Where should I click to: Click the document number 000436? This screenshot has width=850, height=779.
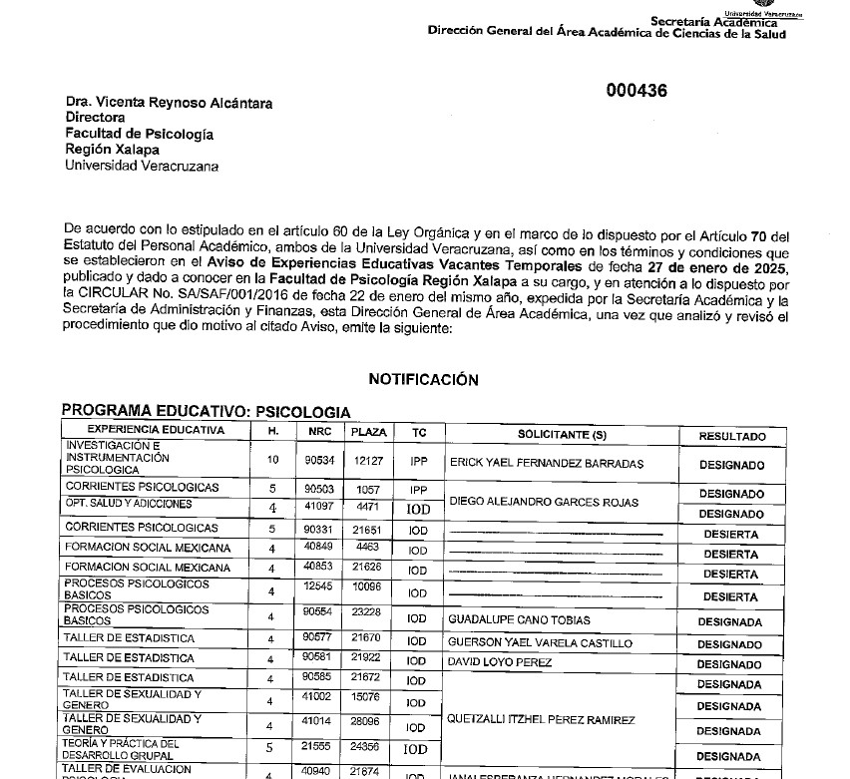637,91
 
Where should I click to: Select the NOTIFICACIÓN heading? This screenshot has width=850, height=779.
423,379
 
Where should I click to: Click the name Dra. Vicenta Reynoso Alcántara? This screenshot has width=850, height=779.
169,103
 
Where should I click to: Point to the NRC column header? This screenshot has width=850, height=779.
319,432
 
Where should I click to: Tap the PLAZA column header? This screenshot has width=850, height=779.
368,432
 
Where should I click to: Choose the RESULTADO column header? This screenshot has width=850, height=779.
731,436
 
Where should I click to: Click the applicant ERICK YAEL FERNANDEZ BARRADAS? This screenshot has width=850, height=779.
547,463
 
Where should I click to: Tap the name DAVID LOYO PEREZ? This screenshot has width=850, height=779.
499,662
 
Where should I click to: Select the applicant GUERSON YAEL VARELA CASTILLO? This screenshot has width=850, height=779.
540,642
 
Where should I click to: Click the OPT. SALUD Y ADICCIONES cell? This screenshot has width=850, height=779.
128,505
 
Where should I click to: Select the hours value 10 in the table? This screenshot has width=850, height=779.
272,460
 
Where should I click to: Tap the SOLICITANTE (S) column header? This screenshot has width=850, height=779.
562,433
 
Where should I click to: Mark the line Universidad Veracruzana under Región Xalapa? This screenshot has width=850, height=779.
141,166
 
